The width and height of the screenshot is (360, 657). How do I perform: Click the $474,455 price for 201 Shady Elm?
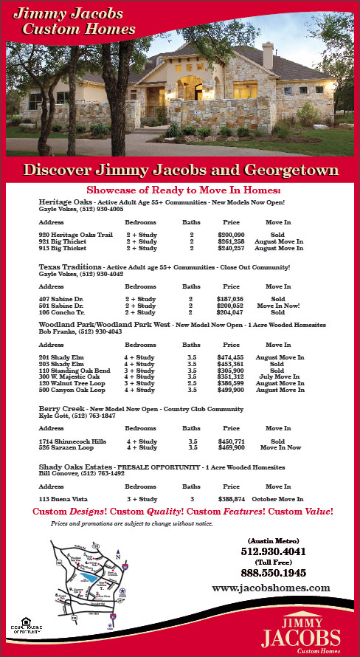coord(231,357)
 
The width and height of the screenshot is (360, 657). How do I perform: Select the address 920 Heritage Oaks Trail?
coord(75,234)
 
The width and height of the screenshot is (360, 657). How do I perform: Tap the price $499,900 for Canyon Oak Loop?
coord(231,389)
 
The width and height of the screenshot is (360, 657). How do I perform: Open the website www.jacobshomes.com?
coord(271,588)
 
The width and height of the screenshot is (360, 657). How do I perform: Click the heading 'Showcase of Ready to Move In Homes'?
coord(179,190)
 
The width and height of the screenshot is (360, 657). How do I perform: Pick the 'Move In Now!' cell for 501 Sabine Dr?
coord(278,305)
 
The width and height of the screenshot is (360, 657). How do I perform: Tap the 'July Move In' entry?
coord(278,376)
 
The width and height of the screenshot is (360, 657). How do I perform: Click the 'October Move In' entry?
coord(278,499)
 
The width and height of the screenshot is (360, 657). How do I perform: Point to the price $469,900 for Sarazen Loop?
coord(231,447)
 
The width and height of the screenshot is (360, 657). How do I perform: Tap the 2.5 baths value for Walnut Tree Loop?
coord(192,383)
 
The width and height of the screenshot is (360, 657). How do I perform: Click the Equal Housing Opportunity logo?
coord(23,627)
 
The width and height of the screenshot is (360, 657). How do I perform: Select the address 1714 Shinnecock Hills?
coord(72,441)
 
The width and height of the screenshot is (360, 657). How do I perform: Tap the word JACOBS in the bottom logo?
coord(302,637)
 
